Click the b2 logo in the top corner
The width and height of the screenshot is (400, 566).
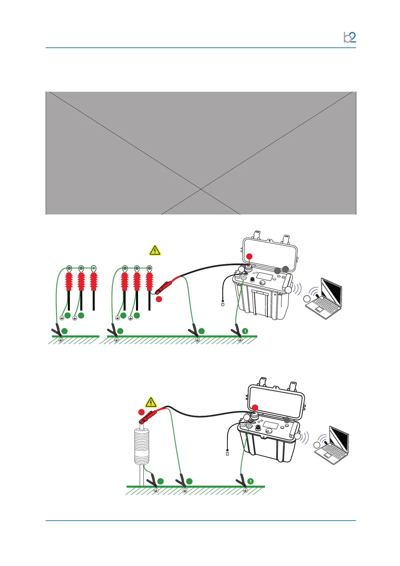[350, 37]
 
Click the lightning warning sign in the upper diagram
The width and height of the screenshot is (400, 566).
[155, 250]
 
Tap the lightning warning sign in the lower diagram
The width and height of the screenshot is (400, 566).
[151, 402]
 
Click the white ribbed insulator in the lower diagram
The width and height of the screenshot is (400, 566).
[141, 445]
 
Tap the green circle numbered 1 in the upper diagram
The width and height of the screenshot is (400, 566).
[245, 331]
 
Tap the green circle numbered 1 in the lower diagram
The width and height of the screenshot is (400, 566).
[250, 481]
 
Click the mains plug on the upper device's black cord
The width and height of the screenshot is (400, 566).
[222, 305]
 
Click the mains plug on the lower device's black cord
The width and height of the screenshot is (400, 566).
[227, 453]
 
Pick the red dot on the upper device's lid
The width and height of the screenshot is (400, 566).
[249, 256]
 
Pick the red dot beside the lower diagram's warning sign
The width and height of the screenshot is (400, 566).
[141, 412]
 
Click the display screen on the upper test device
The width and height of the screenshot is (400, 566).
[264, 277]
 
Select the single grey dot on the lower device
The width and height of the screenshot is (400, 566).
[286, 419]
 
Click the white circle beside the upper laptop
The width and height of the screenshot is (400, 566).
[307, 299]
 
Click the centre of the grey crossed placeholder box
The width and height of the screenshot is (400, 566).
[201, 153]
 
